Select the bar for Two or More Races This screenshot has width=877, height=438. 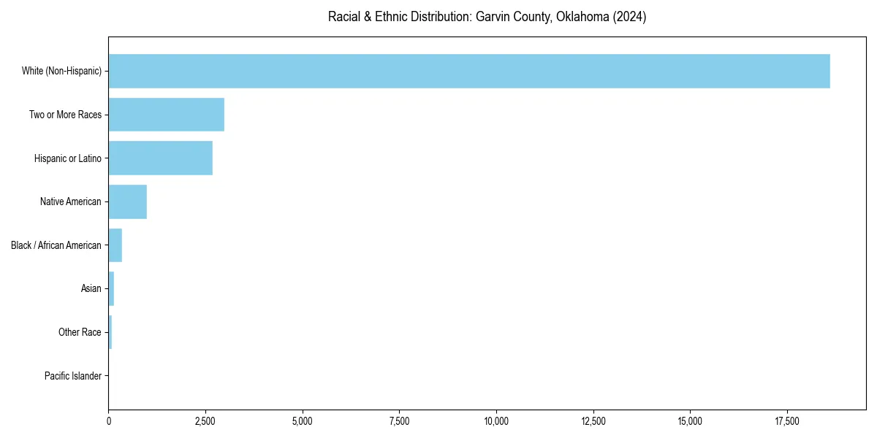[167, 115]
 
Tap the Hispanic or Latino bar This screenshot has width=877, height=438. [161, 158]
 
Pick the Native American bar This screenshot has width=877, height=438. [128, 201]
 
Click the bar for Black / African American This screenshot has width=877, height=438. [115, 245]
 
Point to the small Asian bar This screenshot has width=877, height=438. [111, 289]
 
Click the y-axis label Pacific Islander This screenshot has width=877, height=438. [72, 376]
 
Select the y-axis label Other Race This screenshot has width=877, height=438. [80, 332]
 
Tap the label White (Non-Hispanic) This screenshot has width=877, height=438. [61, 71]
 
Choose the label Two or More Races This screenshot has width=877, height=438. [65, 115]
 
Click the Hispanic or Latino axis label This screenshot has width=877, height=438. [67, 158]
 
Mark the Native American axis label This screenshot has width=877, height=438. [70, 201]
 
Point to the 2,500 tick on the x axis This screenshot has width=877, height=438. [205, 421]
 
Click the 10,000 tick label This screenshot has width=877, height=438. [496, 421]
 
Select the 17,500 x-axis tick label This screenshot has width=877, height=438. [787, 421]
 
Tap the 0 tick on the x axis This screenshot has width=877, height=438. [109, 421]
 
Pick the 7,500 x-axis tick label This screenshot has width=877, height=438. [399, 421]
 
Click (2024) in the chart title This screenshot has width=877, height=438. [630, 17]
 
